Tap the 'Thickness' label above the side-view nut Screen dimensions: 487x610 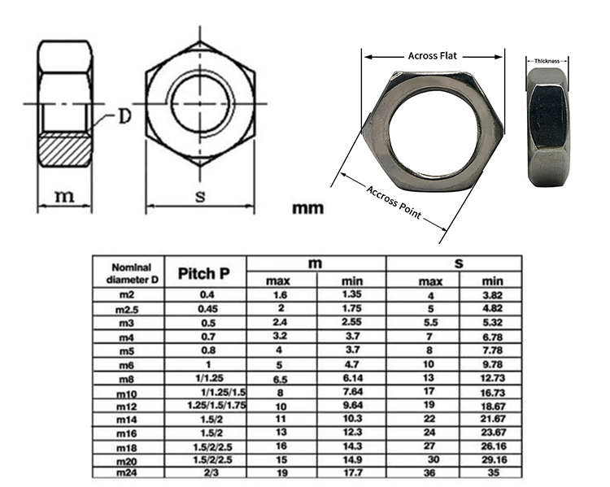click(x=547, y=61)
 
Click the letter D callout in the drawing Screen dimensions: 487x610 click(x=124, y=117)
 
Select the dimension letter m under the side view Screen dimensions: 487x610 click(x=64, y=196)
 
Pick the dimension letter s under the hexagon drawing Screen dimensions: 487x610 click(x=199, y=196)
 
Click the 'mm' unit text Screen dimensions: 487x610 click(x=307, y=208)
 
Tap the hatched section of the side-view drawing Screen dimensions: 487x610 click(x=64, y=150)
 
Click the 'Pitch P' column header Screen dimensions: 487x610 click(x=205, y=273)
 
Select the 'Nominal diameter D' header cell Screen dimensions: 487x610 click(x=128, y=273)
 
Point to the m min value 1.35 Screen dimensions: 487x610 click(x=351, y=294)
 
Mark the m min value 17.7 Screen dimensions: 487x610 click(x=351, y=472)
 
